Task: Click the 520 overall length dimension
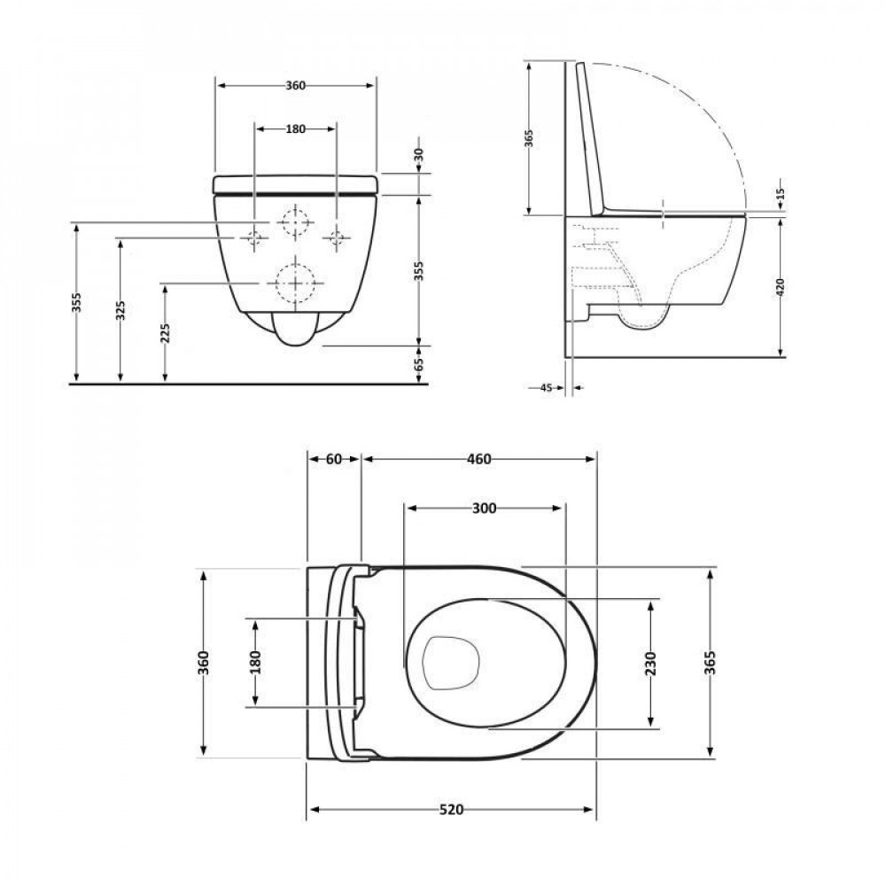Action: pyautogui.click(x=452, y=810)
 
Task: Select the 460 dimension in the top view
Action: pyautogui.click(x=478, y=459)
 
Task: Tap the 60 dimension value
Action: pyautogui.click(x=333, y=459)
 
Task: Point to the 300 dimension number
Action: pyautogui.click(x=484, y=509)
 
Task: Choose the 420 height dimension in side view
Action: pyautogui.click(x=778, y=288)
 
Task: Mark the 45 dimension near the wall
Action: pyautogui.click(x=545, y=387)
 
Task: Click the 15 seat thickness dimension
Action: pyautogui.click(x=780, y=194)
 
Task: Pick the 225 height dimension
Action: pyautogui.click(x=165, y=332)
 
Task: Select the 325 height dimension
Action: pyautogui.click(x=120, y=310)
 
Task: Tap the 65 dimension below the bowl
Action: pyautogui.click(x=418, y=363)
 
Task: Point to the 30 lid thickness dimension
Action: pyautogui.click(x=418, y=154)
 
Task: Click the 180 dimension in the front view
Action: pyautogui.click(x=295, y=128)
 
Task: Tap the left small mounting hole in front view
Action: pyautogui.click(x=255, y=237)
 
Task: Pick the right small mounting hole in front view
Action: pyautogui.click(x=336, y=237)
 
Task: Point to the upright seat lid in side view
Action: pyautogui.click(x=591, y=142)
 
